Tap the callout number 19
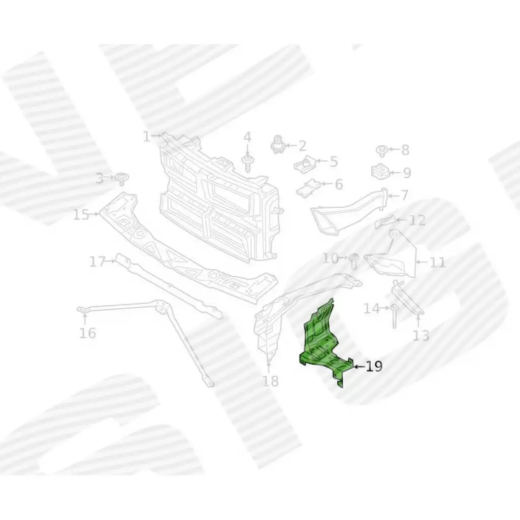point(374,366)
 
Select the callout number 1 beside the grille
point(146,136)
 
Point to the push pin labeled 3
point(122,178)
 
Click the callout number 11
point(437,263)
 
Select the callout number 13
point(421,335)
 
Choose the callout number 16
point(88,333)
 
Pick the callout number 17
point(97,262)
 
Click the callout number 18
point(271,381)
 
